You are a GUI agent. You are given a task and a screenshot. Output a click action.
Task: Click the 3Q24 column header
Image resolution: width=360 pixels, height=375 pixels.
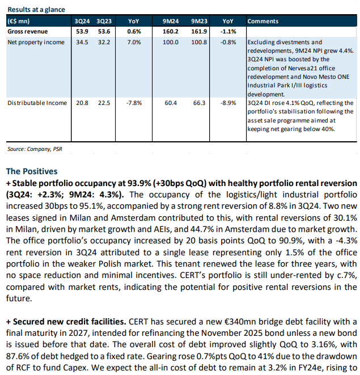82,22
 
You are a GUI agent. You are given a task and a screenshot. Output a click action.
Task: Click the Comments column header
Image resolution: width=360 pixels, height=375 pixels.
262,22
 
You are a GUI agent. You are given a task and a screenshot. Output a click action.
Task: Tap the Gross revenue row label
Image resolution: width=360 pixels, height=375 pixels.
27,31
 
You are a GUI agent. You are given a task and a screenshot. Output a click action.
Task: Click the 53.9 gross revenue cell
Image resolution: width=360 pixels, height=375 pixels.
82,31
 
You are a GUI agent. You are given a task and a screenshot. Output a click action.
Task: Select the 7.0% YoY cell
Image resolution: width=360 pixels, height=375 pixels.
134,42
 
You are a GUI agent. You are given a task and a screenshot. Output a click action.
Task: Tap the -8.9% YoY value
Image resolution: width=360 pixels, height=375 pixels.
225,103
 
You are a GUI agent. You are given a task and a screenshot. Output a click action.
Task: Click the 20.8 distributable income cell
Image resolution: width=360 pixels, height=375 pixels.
82,103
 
